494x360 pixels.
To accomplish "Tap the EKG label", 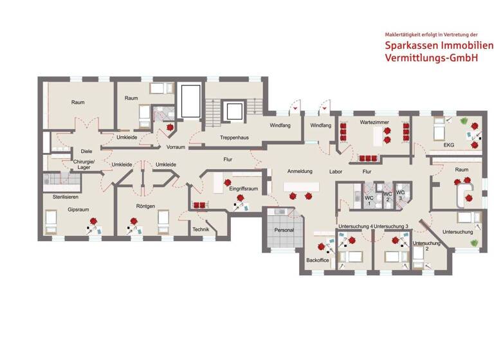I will pyautogui.click(x=448, y=145).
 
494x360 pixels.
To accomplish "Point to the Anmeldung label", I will pyautogui.click(x=299, y=172).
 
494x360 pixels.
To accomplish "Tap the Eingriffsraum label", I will pyautogui.click(x=244, y=189).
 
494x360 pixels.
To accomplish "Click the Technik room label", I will pyautogui.click(x=201, y=230).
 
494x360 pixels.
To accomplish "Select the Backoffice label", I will pyautogui.click(x=318, y=260).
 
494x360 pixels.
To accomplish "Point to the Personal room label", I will pyautogui.click(x=284, y=230).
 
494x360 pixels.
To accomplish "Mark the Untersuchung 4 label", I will pyautogui.click(x=355, y=227).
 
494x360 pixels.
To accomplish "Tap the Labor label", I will pyautogui.click(x=336, y=172).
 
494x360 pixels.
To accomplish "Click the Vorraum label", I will pyautogui.click(x=176, y=147).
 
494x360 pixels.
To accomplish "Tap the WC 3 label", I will pyautogui.click(x=400, y=194).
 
